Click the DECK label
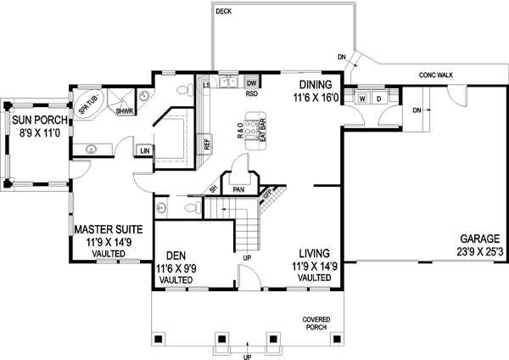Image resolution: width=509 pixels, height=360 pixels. click(x=224, y=11)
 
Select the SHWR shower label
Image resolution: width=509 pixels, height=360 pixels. click(x=125, y=112)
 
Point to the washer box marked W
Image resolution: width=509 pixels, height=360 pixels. click(x=362, y=98)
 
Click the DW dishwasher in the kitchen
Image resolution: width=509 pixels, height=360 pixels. click(x=252, y=82)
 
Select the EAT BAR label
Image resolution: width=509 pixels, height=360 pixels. click(x=263, y=132)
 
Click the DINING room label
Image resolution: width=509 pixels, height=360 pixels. click(x=318, y=85)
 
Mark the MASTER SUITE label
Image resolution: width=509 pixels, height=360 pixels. click(x=107, y=229)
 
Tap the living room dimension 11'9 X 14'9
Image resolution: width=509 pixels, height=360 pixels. click(x=314, y=266)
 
